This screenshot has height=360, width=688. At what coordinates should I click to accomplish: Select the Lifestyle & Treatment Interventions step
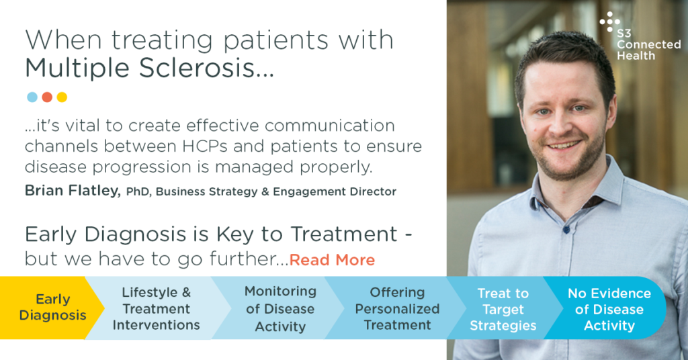tap(156, 308)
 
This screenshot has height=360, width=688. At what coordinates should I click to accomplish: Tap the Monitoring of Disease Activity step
tap(280, 308)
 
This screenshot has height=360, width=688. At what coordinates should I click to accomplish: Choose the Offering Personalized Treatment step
tap(397, 308)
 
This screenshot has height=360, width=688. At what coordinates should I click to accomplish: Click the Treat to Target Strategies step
tap(503, 309)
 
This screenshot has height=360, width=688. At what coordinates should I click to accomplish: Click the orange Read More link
tap(332, 260)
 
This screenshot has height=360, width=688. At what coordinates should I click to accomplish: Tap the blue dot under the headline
tap(32, 97)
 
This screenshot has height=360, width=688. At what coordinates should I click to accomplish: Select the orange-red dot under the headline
tap(47, 97)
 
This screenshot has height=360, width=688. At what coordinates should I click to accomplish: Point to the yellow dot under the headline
tap(62, 97)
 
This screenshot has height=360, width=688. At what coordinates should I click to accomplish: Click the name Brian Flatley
tap(73, 191)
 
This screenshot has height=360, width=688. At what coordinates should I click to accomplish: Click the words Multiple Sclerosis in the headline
tap(149, 69)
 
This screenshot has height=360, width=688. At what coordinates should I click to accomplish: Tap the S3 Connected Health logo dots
tap(609, 22)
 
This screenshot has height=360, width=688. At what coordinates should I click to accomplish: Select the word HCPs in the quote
tap(201, 146)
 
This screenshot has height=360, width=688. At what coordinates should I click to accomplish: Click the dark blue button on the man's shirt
tap(566, 229)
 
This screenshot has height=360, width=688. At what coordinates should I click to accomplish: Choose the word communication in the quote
tap(329, 126)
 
